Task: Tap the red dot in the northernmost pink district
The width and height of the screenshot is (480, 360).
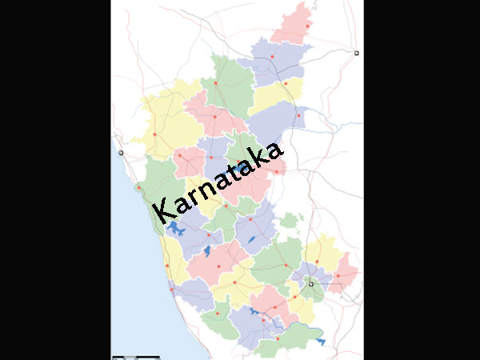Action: pyautogui.click(x=306, y=26)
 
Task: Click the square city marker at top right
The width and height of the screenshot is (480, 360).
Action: pyautogui.click(x=356, y=53)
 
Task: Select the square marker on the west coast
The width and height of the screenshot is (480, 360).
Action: pyautogui.click(x=121, y=152)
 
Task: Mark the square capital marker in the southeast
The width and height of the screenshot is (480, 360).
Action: pyautogui.click(x=311, y=283)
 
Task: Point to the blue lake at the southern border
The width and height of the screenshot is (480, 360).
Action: pyautogui.click(x=321, y=342)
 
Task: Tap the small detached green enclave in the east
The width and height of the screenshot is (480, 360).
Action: pyautogui.click(x=290, y=220)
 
